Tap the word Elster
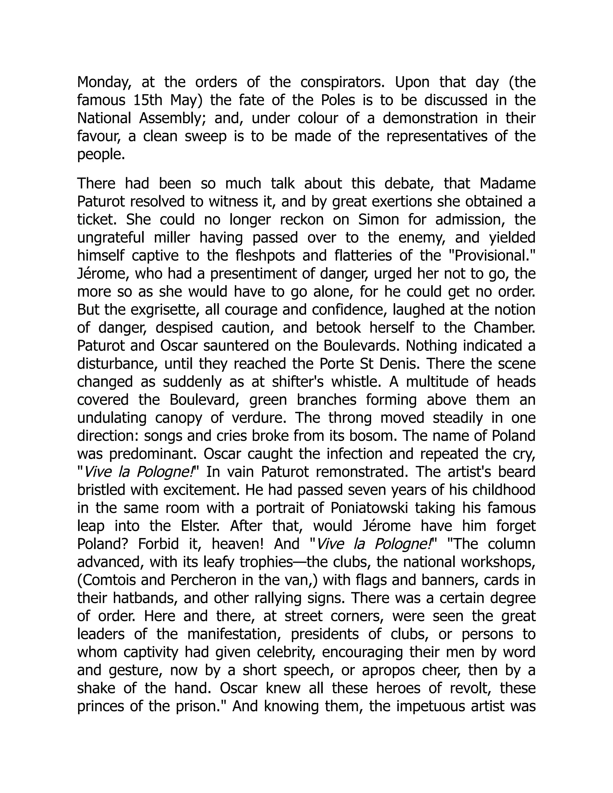click(x=202, y=526)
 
